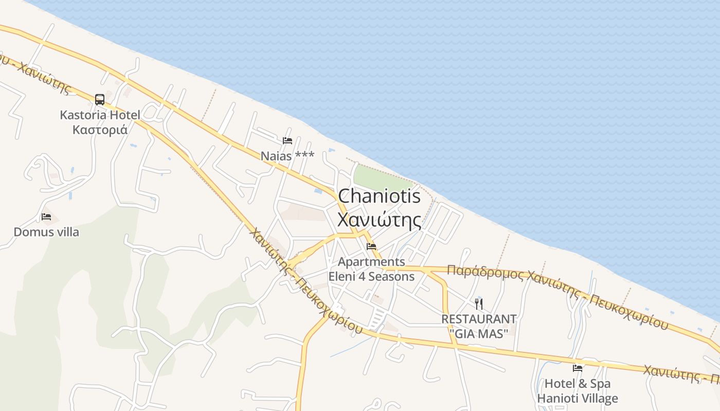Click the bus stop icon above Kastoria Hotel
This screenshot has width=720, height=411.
tap(100, 99)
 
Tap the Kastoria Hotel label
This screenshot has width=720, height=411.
tap(100, 115)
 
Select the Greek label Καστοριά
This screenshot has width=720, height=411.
tap(100, 129)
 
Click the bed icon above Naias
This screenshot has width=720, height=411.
tap(287, 140)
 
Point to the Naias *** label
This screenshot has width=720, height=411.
tap(287, 156)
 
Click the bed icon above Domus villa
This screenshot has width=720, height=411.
tap(46, 216)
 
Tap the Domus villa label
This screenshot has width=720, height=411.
tap(46, 232)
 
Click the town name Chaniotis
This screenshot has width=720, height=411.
tap(379, 196)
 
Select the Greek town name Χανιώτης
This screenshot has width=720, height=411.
tap(379, 219)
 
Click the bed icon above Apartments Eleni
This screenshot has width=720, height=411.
tap(371, 247)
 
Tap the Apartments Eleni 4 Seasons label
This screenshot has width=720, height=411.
tap(371, 269)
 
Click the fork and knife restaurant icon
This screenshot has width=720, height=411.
tap(479, 304)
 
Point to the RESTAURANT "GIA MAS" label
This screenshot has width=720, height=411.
tap(479, 326)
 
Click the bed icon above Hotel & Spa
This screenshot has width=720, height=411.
tap(578, 368)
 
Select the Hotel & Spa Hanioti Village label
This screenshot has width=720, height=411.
tap(578, 391)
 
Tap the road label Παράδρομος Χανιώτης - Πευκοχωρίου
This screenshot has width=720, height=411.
tap(558, 296)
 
